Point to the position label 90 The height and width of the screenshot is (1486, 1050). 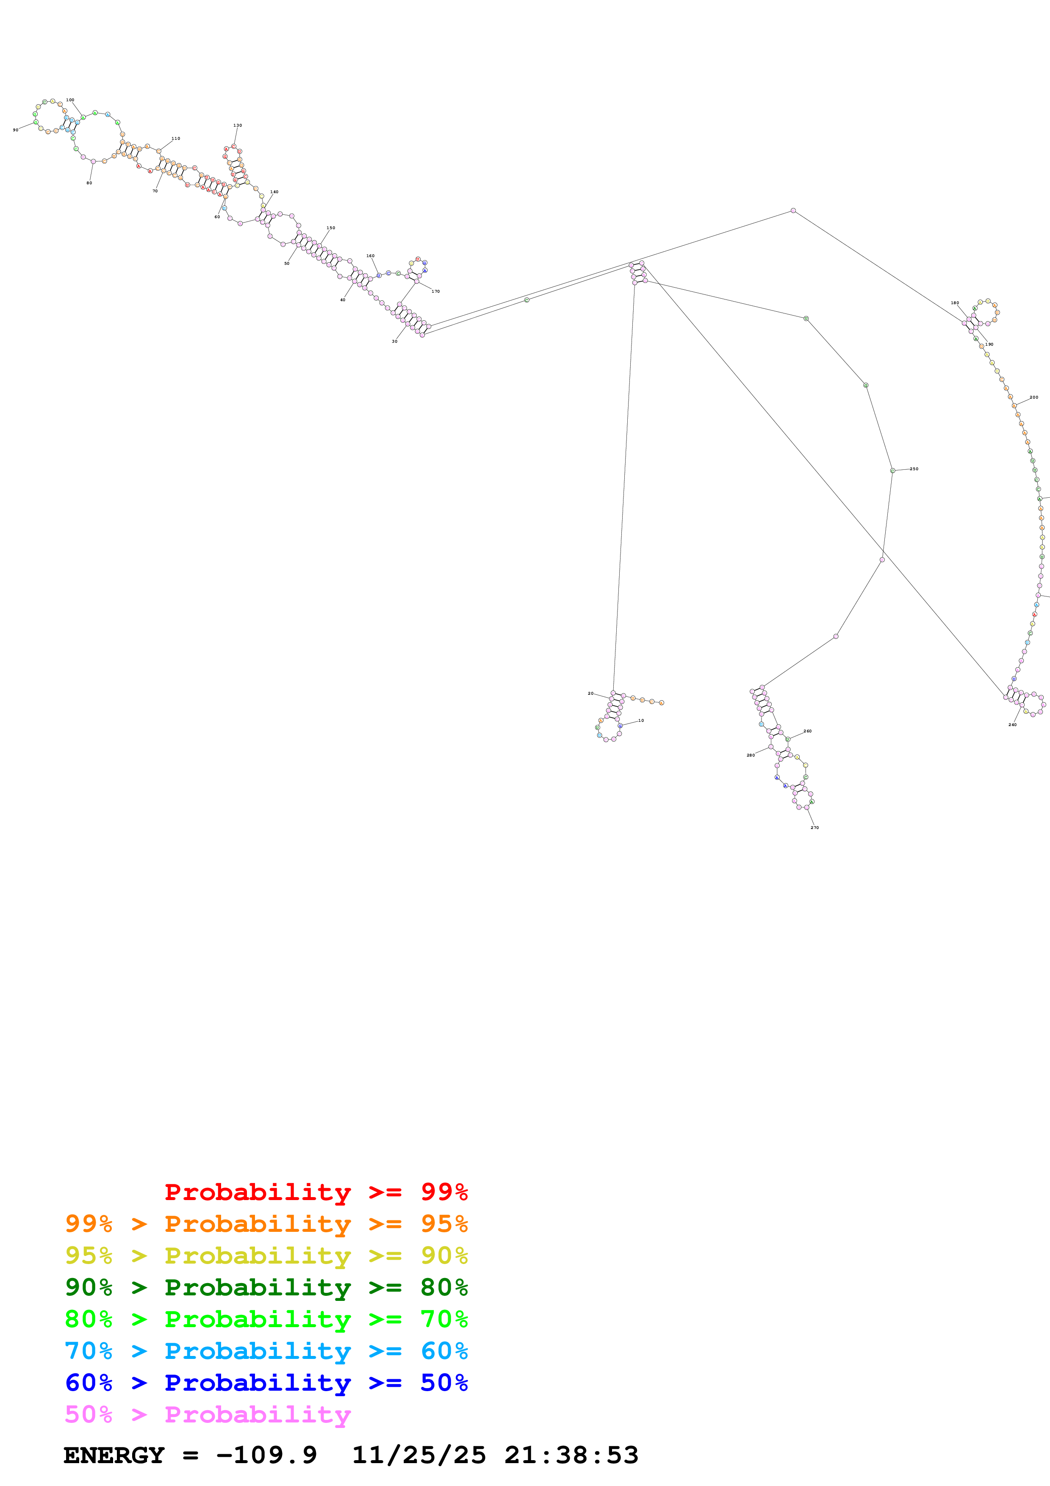point(16,130)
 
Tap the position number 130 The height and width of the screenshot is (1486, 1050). point(238,125)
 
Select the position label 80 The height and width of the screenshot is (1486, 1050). point(89,183)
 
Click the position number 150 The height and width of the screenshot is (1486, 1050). point(331,228)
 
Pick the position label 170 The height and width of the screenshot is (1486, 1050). point(435,291)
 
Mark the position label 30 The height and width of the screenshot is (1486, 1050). point(395,341)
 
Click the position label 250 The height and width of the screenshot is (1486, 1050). point(914,469)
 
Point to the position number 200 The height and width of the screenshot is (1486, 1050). point(1034,397)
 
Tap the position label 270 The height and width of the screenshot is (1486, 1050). point(815,828)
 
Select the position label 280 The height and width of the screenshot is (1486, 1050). point(751,755)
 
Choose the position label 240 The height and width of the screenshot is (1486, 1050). point(1012,725)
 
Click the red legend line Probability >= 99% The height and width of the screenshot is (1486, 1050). point(316,1192)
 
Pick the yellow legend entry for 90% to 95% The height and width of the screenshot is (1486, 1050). point(266,1256)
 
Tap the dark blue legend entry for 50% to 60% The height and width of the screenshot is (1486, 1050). point(266,1383)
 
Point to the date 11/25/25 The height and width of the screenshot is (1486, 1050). point(418,1456)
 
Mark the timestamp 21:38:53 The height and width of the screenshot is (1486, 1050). point(571,1456)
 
